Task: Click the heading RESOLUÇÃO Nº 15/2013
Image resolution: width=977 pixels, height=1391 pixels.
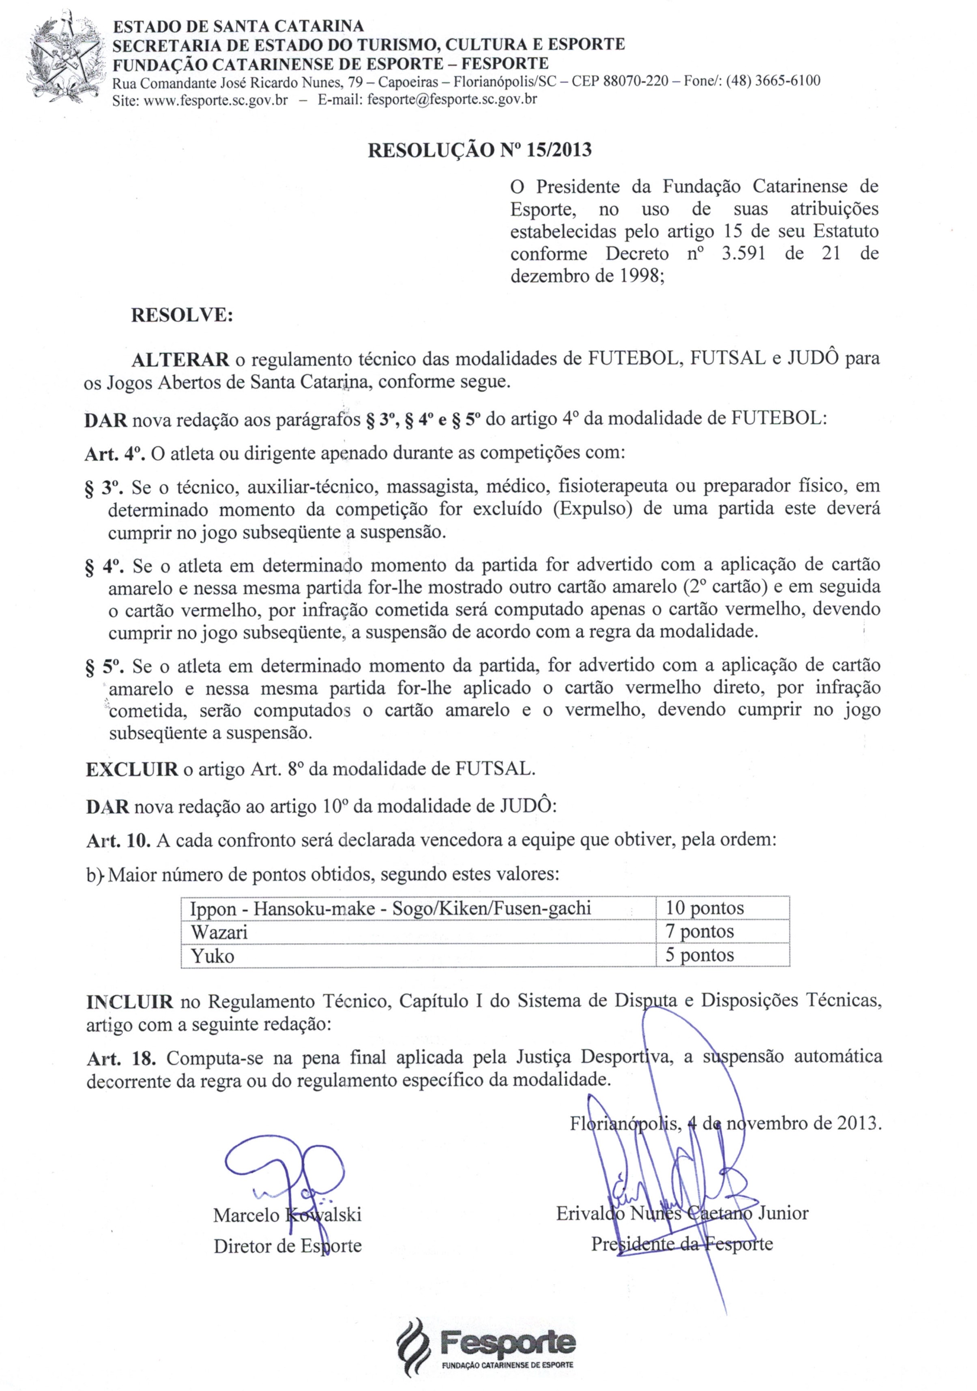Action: click(480, 150)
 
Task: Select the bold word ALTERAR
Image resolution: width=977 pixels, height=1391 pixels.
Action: click(180, 360)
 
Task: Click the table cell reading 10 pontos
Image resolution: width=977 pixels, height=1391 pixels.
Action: click(704, 908)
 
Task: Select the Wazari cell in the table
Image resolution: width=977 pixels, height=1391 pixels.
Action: click(219, 932)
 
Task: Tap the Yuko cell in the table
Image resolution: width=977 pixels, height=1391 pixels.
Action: click(213, 956)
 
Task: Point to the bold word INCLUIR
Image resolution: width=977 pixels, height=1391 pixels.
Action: click(130, 1001)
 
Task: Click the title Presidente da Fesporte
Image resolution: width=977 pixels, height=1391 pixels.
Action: click(682, 1244)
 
